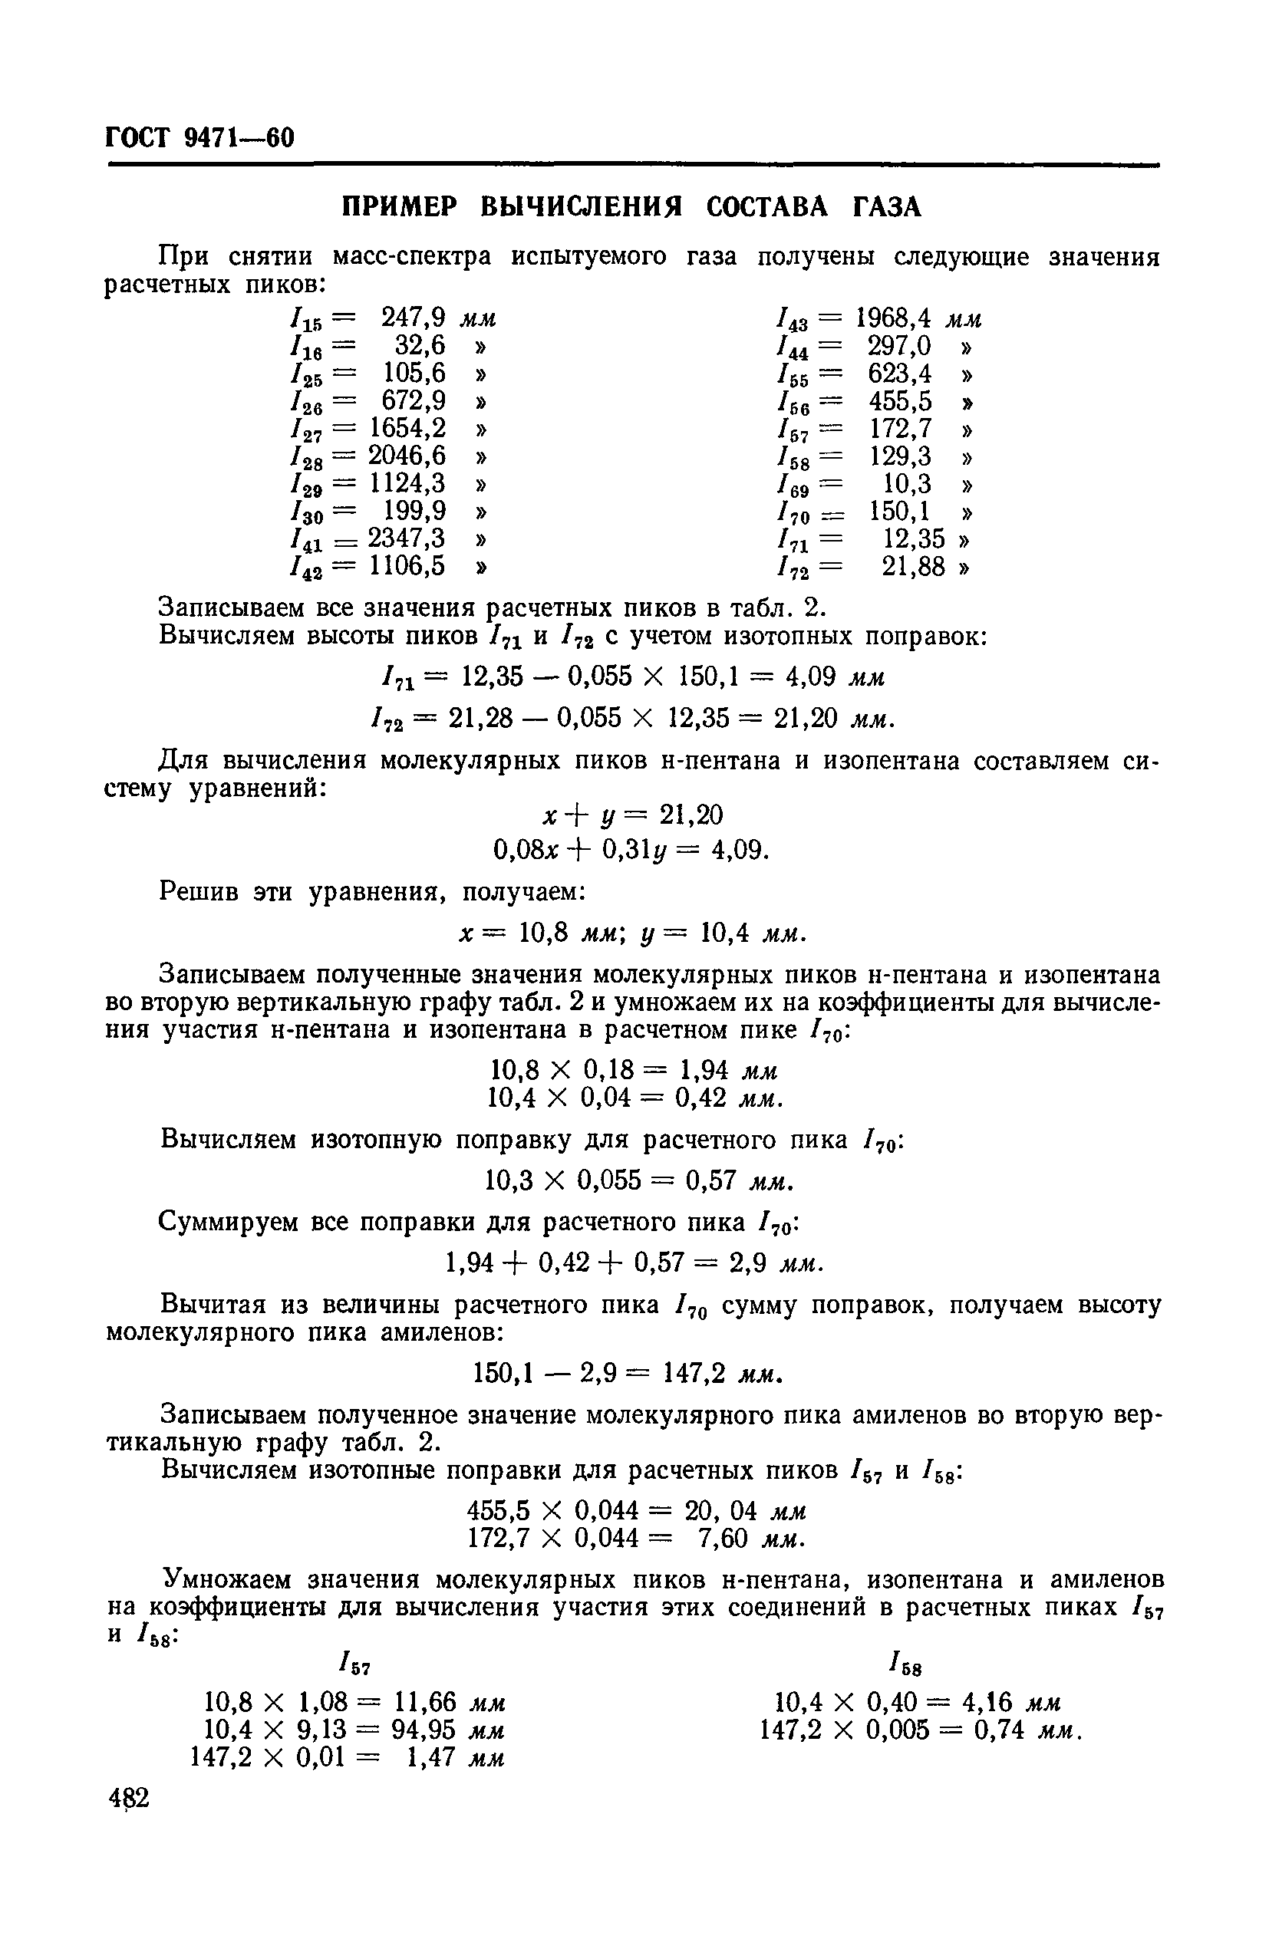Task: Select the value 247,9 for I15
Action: (x=414, y=317)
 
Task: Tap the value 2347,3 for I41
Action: (x=407, y=538)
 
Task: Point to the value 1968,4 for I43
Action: (x=893, y=318)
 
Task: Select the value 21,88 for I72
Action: (x=913, y=566)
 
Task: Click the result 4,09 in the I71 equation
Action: (x=814, y=677)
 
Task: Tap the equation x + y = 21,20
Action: (x=633, y=814)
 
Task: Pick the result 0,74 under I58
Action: (x=999, y=1729)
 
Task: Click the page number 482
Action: (x=129, y=1797)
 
